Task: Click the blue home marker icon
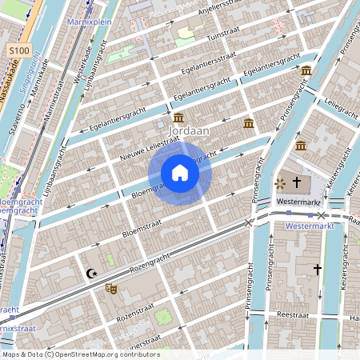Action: [180, 173]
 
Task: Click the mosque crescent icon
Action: [91, 274]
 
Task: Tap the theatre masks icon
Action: [110, 288]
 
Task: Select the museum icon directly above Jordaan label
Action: [178, 118]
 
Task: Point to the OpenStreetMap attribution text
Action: [80, 354]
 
